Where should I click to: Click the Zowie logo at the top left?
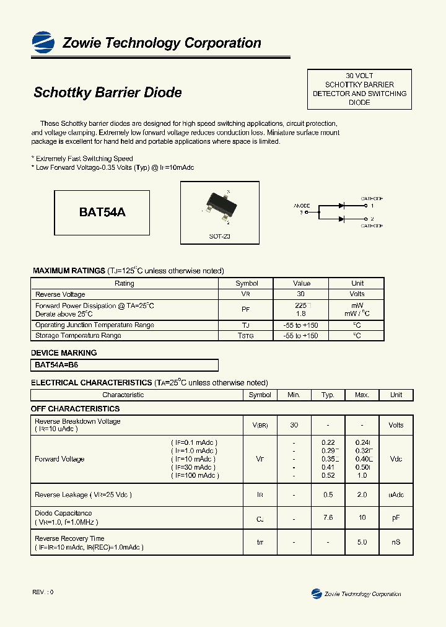coord(43,41)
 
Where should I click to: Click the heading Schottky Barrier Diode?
coord(107,92)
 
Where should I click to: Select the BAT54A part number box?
coord(102,212)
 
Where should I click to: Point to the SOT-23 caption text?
coord(219,237)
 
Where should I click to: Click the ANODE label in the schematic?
coord(302,205)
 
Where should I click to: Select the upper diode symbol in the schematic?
coord(341,205)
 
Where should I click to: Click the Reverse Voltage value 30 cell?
coord(301,294)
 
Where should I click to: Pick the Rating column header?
coord(124,283)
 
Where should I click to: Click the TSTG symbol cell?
coord(246,336)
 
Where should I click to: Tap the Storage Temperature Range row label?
coord(78,336)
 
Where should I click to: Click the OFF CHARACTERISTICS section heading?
coord(75,409)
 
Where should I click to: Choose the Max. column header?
coord(362,395)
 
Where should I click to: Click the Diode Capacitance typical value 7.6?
coord(328,517)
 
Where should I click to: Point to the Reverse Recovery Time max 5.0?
coord(362,542)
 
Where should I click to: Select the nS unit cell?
coord(396,542)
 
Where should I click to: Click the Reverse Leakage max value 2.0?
coord(362,495)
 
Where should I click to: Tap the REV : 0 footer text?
coord(43,592)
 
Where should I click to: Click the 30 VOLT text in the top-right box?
coord(359,75)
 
